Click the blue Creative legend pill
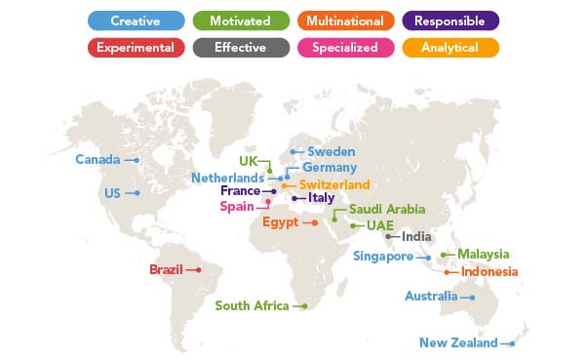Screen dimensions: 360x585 click(x=136, y=20)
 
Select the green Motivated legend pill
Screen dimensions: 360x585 click(x=241, y=20)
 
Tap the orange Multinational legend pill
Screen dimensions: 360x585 click(x=346, y=20)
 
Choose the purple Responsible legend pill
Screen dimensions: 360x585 click(x=450, y=20)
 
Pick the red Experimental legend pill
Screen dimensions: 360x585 click(x=136, y=47)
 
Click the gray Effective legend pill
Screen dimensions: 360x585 click(x=241, y=47)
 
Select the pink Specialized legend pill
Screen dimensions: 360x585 click(x=346, y=47)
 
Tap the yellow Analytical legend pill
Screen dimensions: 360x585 click(x=450, y=47)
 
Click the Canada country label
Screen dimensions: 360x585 click(x=97, y=160)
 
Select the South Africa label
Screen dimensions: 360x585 click(x=252, y=306)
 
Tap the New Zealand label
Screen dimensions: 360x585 click(x=458, y=342)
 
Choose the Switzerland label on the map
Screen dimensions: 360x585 click(x=334, y=185)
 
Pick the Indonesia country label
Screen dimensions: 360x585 click(x=489, y=272)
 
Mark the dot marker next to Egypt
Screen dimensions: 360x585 click(x=315, y=223)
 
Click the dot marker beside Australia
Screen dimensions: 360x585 click(x=472, y=298)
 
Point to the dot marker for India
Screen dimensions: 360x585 click(x=388, y=236)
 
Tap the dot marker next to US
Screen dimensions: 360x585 click(x=137, y=193)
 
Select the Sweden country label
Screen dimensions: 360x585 click(x=331, y=152)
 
